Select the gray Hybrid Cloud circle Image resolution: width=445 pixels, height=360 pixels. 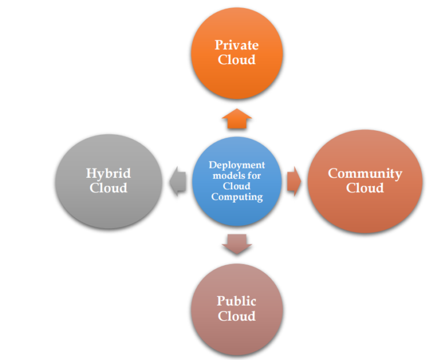click(x=108, y=181)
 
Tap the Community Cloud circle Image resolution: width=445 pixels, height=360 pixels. click(x=364, y=181)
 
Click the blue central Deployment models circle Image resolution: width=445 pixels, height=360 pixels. click(x=236, y=181)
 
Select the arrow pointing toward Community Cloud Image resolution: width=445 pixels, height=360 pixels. click(x=294, y=181)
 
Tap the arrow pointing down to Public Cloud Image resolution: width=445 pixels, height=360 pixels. click(x=236, y=244)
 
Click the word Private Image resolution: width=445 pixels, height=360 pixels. click(x=236, y=45)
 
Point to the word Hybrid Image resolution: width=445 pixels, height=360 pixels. click(x=108, y=173)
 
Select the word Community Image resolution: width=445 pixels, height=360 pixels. click(x=365, y=173)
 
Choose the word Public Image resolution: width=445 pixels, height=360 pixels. click(x=236, y=301)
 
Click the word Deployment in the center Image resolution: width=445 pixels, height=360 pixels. click(x=236, y=165)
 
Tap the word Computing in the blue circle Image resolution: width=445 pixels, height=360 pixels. click(x=236, y=197)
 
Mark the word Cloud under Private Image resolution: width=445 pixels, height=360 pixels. click(x=236, y=60)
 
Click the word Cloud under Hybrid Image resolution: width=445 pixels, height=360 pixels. click(x=108, y=188)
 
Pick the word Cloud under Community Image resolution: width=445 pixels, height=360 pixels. click(x=365, y=188)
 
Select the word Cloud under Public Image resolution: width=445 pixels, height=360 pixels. click(x=236, y=316)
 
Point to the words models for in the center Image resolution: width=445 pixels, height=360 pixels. click(x=236, y=175)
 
